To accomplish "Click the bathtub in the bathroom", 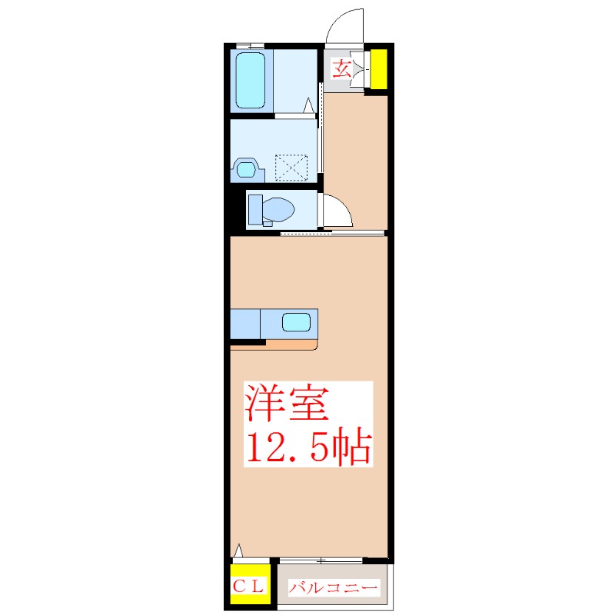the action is [x=251, y=81].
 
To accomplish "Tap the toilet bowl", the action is [x=278, y=209].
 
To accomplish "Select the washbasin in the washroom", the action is [x=246, y=170].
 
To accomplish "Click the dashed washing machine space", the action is [x=291, y=168].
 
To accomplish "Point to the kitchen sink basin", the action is [x=296, y=322].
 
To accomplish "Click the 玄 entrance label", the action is [x=341, y=68].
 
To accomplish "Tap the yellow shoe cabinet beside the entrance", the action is [x=379, y=69].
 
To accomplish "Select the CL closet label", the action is [x=248, y=587].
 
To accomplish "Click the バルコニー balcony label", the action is [x=333, y=587].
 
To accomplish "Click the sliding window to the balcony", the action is [x=321, y=561].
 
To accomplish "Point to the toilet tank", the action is [x=255, y=210].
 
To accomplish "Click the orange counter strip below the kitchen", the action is [x=291, y=344].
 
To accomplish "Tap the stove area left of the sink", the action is [x=245, y=324].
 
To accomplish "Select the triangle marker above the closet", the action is [x=238, y=550].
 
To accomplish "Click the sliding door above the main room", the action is [x=332, y=234].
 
